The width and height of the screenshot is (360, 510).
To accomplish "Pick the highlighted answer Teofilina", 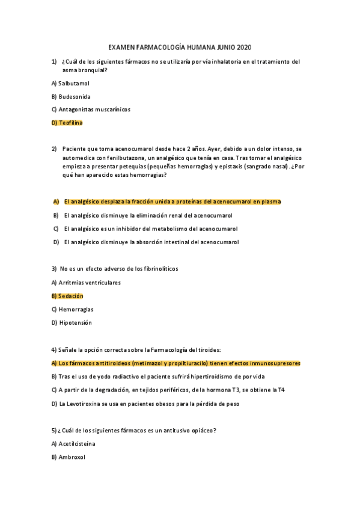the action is [70, 123].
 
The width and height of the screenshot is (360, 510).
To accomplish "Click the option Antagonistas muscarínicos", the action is [94, 109].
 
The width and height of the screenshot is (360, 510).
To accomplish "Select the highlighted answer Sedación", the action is [71, 296].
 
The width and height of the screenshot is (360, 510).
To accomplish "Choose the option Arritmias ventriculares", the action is [89, 282].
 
